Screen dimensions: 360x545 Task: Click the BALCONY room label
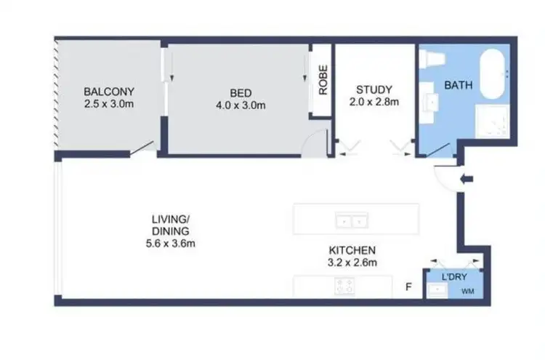coord(109,92)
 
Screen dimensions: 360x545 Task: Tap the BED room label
coord(241,92)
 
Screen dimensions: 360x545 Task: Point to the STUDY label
coord(374,89)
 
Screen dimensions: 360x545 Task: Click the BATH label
coord(459,85)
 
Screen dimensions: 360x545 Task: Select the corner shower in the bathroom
coord(491,122)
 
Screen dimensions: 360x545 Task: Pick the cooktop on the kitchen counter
coord(344,287)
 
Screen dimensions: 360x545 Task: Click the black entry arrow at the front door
coord(466,178)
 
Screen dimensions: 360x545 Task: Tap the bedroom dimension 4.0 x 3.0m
coord(241,105)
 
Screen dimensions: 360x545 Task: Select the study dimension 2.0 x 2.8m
coord(374,102)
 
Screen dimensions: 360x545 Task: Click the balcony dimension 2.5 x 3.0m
coord(109,104)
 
